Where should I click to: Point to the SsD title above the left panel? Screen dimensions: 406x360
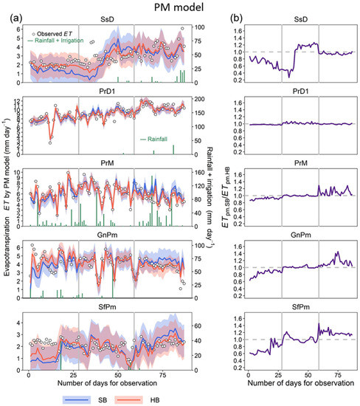(107, 21)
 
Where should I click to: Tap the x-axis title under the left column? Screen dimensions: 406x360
(107, 382)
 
